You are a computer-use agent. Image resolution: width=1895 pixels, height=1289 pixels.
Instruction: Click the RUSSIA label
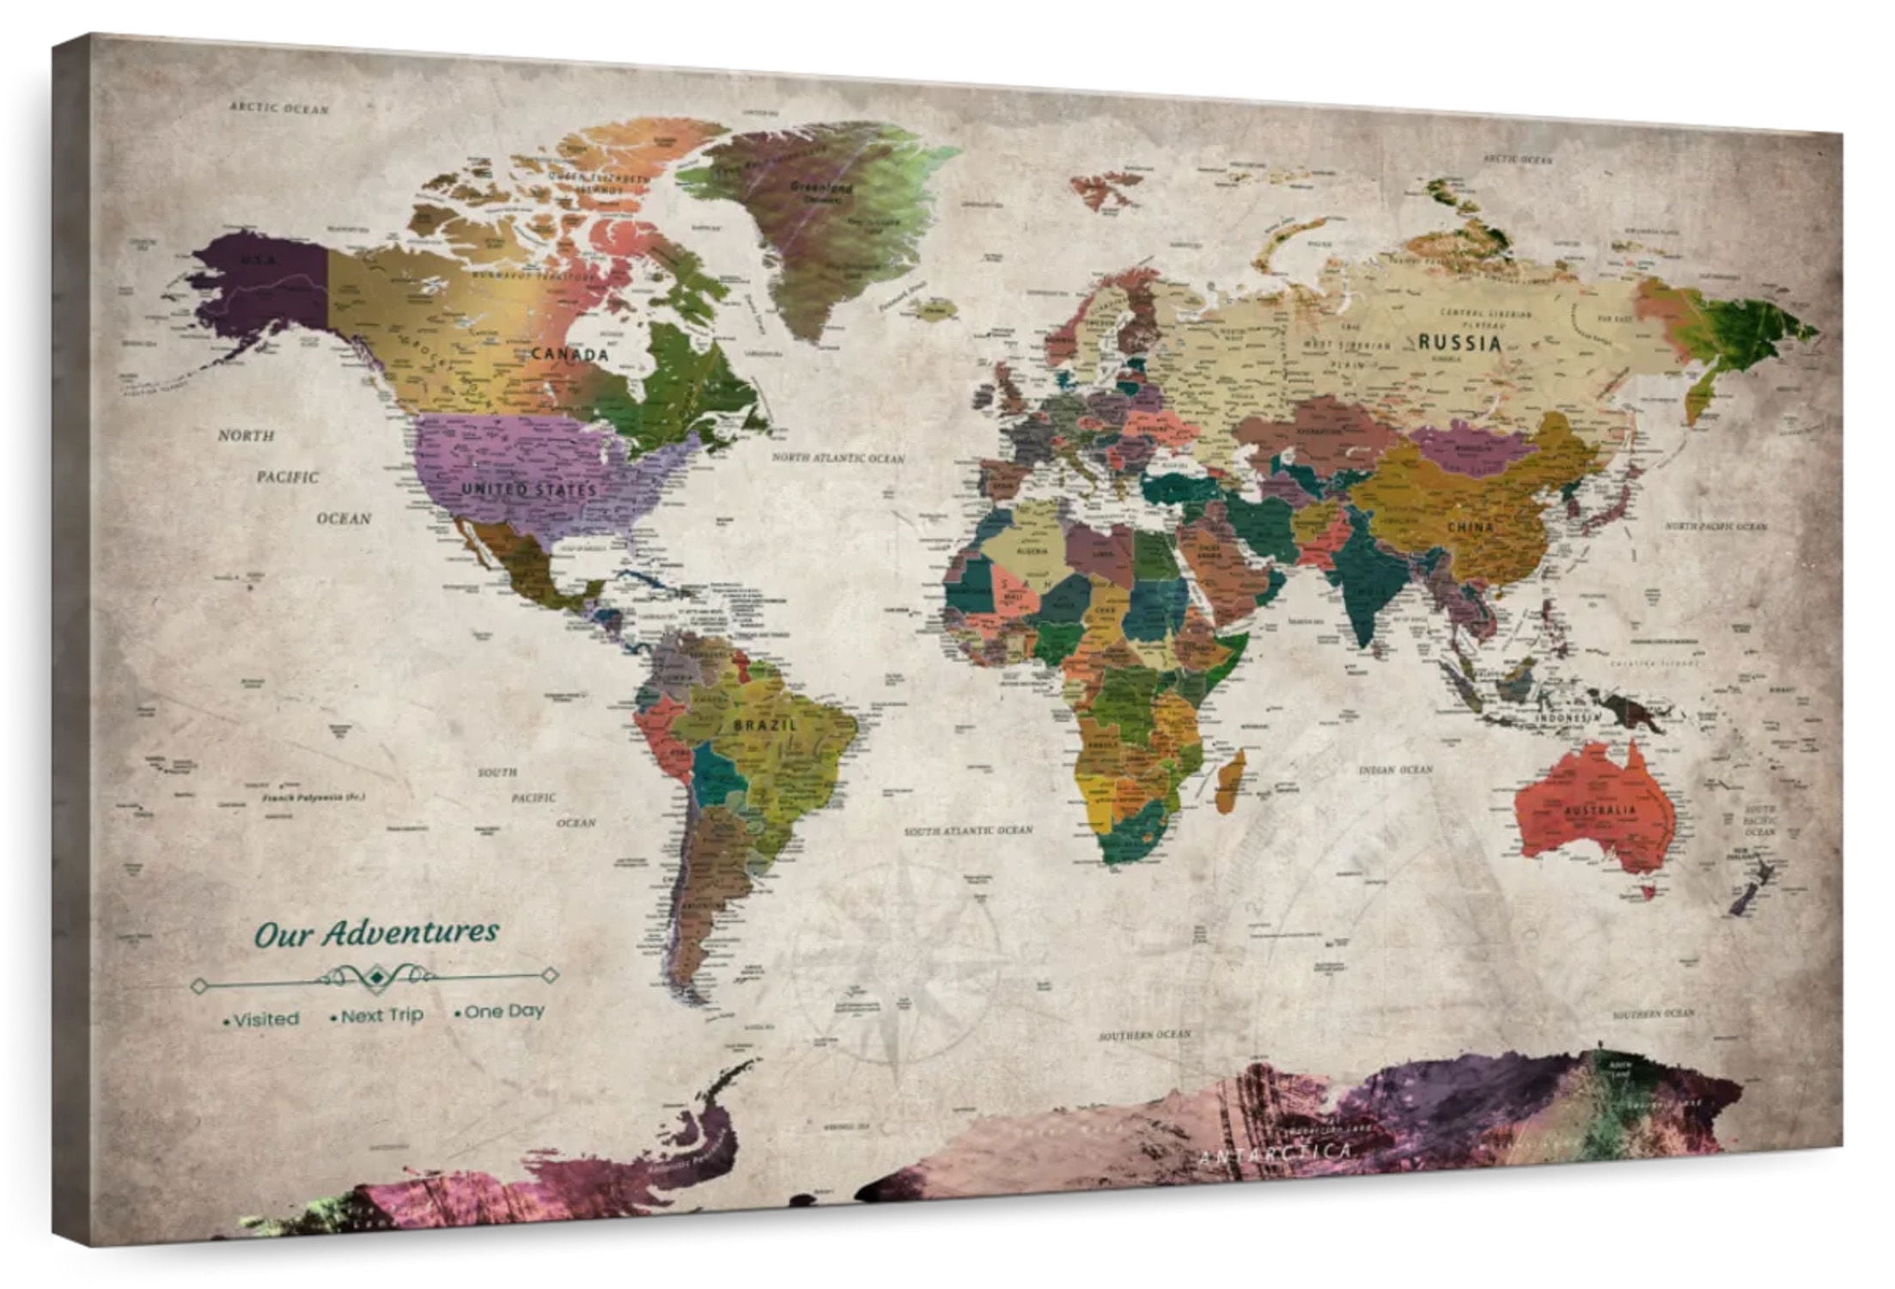pyautogui.click(x=1459, y=343)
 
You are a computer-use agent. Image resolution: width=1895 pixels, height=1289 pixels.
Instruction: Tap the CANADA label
pyautogui.click(x=570, y=354)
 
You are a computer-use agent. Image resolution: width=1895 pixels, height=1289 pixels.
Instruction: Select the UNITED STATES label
pyautogui.click(x=529, y=490)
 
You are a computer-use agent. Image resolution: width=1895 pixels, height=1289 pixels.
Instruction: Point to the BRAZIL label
pyautogui.click(x=765, y=724)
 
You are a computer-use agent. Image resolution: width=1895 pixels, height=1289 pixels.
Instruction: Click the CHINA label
pyautogui.click(x=1470, y=527)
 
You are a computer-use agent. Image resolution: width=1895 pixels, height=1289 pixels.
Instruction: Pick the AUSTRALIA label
pyautogui.click(x=1600, y=810)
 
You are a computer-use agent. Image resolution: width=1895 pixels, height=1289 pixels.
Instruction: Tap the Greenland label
pyautogui.click(x=820, y=186)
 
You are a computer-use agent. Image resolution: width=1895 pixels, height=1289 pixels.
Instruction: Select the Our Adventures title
pyautogui.click(x=377, y=933)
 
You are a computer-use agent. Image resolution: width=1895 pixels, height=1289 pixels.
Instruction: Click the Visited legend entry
pyautogui.click(x=263, y=1019)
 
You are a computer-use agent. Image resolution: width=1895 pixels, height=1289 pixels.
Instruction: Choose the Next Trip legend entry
pyautogui.click(x=379, y=1016)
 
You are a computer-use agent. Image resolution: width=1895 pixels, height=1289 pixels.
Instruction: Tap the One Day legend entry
pyautogui.click(x=502, y=1011)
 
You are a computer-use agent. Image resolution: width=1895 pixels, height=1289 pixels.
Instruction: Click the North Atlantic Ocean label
pyautogui.click(x=838, y=458)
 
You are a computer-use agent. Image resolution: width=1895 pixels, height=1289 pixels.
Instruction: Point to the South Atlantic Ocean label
pyautogui.click(x=968, y=831)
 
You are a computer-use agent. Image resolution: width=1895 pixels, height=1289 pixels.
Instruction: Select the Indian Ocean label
pyautogui.click(x=1395, y=769)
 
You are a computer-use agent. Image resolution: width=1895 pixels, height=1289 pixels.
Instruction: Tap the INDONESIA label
pyautogui.click(x=1569, y=717)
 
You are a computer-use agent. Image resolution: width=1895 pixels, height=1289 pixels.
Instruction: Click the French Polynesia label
pyautogui.click(x=314, y=798)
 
